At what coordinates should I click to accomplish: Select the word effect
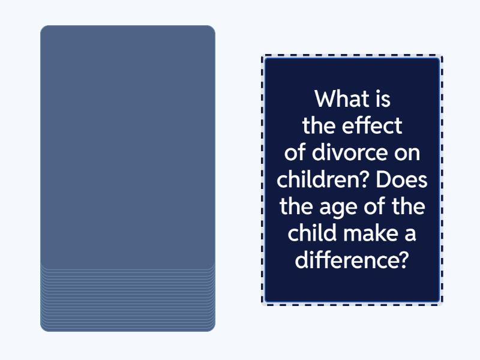pyautogui.click(x=371, y=125)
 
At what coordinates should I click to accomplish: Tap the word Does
pyautogui.click(x=401, y=179)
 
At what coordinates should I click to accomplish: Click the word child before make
pyautogui.click(x=312, y=233)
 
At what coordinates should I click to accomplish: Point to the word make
pyautogui.click(x=370, y=233)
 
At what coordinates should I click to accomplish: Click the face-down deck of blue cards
pyautogui.click(x=128, y=178)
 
